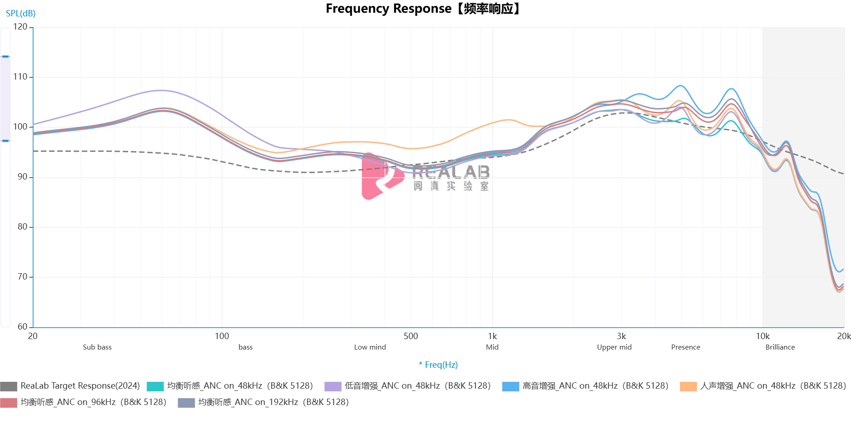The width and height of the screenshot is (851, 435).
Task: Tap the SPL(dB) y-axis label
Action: (20, 13)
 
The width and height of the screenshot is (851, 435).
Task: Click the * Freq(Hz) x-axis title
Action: (438, 365)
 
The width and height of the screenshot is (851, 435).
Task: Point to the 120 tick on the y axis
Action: (20, 27)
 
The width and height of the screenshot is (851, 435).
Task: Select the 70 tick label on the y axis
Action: (22, 277)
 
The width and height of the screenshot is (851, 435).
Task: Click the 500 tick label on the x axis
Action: (410, 336)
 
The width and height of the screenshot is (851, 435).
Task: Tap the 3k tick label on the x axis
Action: (621, 336)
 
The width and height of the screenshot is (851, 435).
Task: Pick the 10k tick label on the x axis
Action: (763, 336)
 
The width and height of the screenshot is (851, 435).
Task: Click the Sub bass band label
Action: (97, 347)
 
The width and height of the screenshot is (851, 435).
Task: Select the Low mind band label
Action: (370, 347)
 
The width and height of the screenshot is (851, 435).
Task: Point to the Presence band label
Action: (686, 347)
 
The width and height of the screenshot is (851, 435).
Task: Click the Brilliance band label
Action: (780, 347)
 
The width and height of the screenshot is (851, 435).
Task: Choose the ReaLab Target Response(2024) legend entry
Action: (80, 386)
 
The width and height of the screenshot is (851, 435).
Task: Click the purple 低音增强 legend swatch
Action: (332, 386)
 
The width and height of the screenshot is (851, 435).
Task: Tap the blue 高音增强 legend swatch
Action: (510, 386)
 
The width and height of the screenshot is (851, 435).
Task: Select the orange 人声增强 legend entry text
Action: (773, 386)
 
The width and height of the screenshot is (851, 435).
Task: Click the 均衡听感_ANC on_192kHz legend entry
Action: (273, 402)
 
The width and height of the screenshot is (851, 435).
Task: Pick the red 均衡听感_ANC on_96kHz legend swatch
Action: (9, 403)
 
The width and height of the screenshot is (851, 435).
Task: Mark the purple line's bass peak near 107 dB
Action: (161, 90)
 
